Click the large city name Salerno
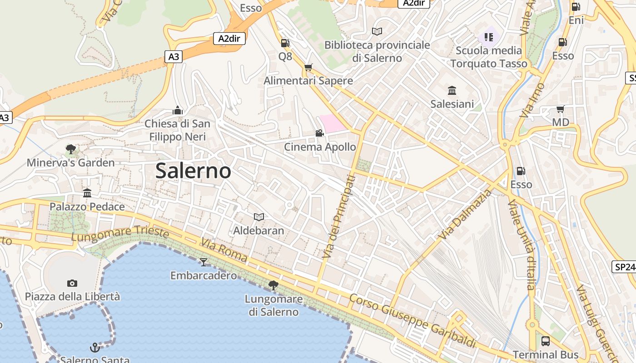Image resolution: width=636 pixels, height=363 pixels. pyautogui.click(x=193, y=171)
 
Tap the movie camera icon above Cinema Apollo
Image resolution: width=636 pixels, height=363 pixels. pyautogui.click(x=319, y=133)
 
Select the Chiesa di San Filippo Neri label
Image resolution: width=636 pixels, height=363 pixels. pyautogui.click(x=178, y=130)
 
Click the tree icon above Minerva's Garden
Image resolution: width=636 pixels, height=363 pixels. pyautogui.click(x=70, y=149)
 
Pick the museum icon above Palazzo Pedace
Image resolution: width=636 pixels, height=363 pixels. pyautogui.click(x=87, y=193)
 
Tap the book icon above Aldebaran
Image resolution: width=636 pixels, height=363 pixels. pyautogui.click(x=258, y=217)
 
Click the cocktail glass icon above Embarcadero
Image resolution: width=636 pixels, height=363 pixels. pyautogui.click(x=203, y=262)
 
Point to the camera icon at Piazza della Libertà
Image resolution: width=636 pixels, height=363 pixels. pyautogui.click(x=72, y=284)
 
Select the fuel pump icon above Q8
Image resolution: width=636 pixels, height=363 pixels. pyautogui.click(x=285, y=43)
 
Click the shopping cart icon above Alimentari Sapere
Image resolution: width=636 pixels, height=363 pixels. pyautogui.click(x=308, y=68)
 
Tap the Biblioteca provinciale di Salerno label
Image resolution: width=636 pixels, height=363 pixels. pyautogui.click(x=377, y=52)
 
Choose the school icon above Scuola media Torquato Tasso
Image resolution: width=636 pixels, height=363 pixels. pyautogui.click(x=489, y=37)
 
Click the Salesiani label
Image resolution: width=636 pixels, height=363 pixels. pyautogui.click(x=452, y=104)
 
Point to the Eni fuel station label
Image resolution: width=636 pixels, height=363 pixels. pyautogui.click(x=576, y=20)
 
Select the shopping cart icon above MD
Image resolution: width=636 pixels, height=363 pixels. pyautogui.click(x=560, y=109)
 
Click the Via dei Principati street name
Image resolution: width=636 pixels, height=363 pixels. pyautogui.click(x=338, y=217)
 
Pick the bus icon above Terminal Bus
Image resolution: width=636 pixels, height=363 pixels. pyautogui.click(x=546, y=341)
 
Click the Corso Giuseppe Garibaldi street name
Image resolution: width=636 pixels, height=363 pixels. pyautogui.click(x=412, y=321)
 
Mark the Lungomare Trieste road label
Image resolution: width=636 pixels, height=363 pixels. pyautogui.click(x=120, y=234)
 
